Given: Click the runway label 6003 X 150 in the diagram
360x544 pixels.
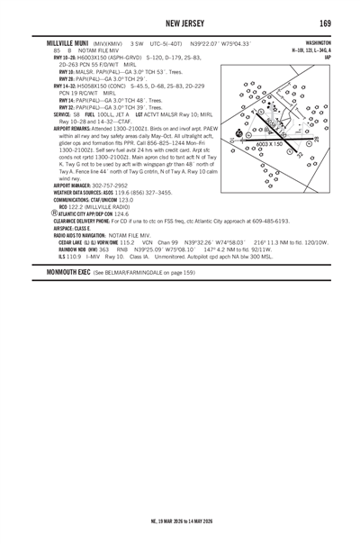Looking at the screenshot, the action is tap(270, 143).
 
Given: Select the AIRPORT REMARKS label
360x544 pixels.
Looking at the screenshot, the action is tap(53, 127).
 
